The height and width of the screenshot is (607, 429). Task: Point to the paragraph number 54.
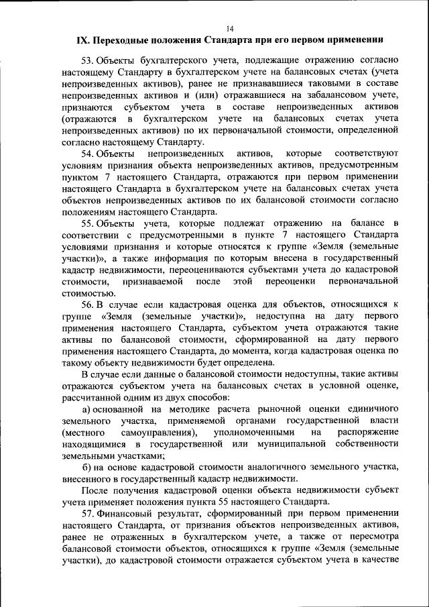coord(88,154)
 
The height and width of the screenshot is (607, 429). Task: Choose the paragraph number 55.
coord(88,223)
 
